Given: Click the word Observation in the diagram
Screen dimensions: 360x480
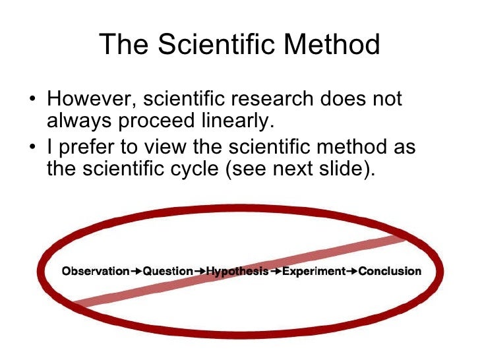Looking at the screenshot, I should tap(95, 271).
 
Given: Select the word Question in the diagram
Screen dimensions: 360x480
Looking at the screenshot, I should tap(168, 271).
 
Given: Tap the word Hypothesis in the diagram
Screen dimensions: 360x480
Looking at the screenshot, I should tap(237, 271).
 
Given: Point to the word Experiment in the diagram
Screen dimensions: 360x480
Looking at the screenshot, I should tap(314, 271).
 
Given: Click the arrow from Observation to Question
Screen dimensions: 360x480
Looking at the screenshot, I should tap(136, 271).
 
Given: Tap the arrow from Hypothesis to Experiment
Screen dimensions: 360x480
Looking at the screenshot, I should tap(276, 271).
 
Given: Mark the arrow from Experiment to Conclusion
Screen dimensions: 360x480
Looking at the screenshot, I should tap(352, 271).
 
